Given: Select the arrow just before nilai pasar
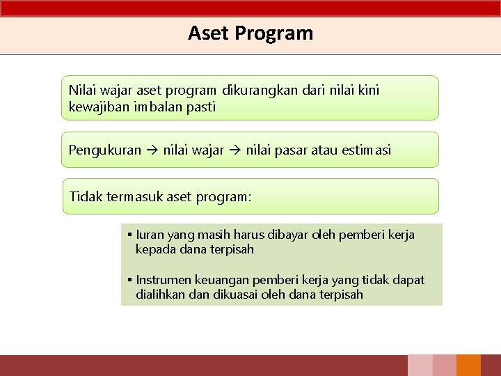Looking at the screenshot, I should pyautogui.click(x=234, y=150).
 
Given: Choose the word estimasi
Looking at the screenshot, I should pyautogui.click(x=367, y=150).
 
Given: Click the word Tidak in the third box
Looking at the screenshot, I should pyautogui.click(x=84, y=196).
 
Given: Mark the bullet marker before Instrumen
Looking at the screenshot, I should pyautogui.click(x=130, y=280).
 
